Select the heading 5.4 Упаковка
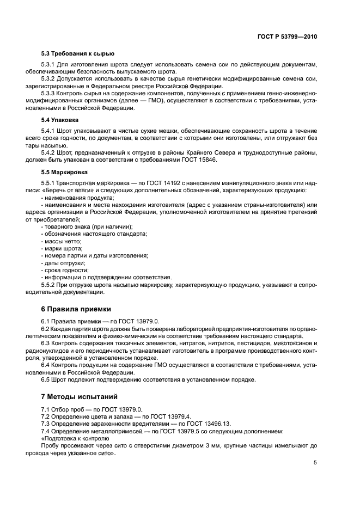click(x=60, y=119)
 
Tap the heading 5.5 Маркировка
click(x=64, y=172)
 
